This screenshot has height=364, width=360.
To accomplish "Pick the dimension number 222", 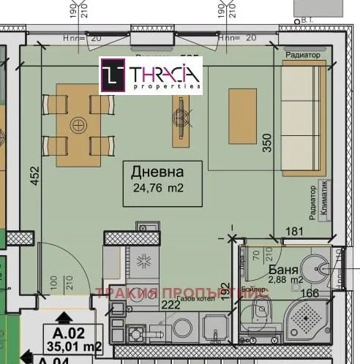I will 170,304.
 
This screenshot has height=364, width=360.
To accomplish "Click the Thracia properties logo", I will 151,76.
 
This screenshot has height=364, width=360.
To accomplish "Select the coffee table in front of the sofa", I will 242,116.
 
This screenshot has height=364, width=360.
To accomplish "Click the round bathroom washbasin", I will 319,268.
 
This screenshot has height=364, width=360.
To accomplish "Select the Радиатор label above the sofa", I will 302,55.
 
